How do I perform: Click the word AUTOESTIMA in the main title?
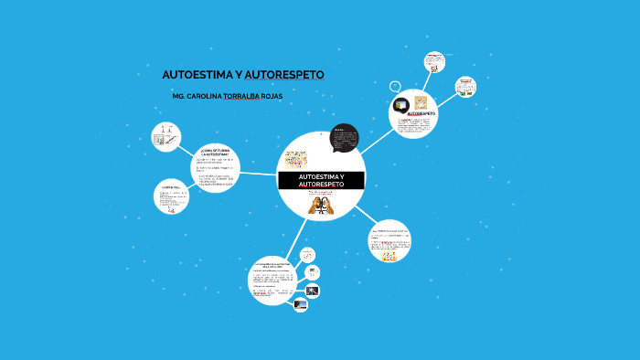point(196,74)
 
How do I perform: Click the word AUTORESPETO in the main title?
point(284,74)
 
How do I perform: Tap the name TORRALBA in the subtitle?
point(241,96)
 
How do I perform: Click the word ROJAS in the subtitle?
point(272,96)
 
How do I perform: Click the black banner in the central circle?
point(321,180)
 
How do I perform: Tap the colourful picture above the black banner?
point(297,157)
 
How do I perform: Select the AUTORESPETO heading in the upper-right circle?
point(421,115)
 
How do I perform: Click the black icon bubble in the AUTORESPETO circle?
point(400,103)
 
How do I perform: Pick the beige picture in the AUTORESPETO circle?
point(421,102)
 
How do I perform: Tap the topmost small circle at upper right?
point(434,62)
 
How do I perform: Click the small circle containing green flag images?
point(465,87)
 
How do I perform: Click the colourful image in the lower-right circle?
point(390,258)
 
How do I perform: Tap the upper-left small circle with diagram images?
point(165,137)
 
